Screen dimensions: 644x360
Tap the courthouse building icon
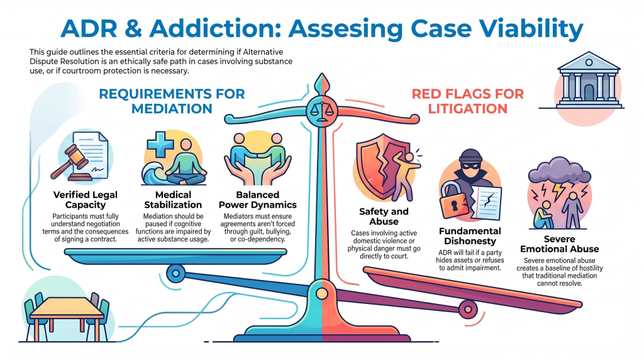(x=589, y=81)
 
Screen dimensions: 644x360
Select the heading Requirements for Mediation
(x=172, y=101)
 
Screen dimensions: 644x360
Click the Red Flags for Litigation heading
(x=468, y=101)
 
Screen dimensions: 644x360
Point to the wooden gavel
(x=70, y=162)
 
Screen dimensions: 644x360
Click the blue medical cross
(x=160, y=144)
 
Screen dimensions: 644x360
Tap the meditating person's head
(x=186, y=145)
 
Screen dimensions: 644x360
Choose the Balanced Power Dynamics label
(x=257, y=200)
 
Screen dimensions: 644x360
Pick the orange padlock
(x=454, y=201)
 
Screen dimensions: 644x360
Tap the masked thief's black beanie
(x=470, y=155)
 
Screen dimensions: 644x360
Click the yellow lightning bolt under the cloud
(x=559, y=190)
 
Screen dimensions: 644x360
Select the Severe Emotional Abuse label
(x=559, y=244)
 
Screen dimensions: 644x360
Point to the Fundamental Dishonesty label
(x=470, y=236)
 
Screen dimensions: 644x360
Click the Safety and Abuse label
(x=384, y=216)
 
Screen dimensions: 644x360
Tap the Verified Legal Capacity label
(x=86, y=200)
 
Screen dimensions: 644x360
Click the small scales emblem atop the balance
(x=321, y=110)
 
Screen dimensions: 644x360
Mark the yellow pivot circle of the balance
(x=322, y=293)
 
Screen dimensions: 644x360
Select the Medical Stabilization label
(x=173, y=200)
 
